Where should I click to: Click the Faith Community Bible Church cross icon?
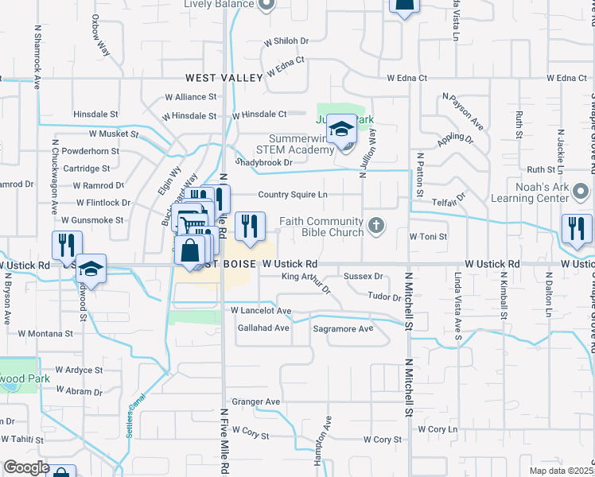[x=378, y=228]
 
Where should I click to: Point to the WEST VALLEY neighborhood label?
[x=224, y=78]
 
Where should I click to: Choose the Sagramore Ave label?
[x=343, y=328]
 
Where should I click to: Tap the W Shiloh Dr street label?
[x=286, y=41]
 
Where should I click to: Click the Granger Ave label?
[x=255, y=402]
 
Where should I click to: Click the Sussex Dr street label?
[x=363, y=276]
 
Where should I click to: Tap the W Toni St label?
[x=428, y=236]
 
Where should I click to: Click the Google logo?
[x=26, y=467]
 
